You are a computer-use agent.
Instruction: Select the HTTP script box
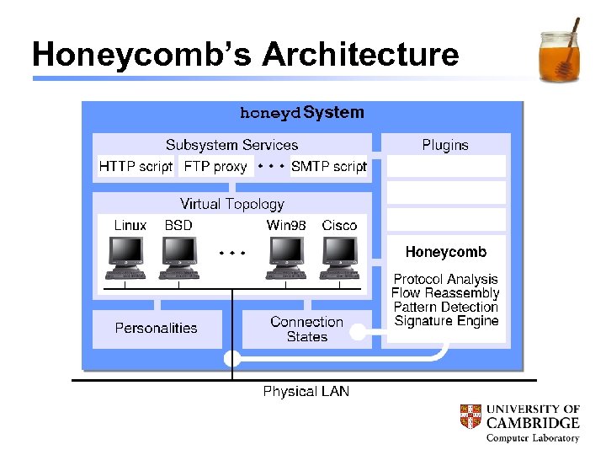[x=136, y=167]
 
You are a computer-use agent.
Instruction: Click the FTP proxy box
[x=215, y=167]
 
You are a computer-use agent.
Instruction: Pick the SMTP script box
[x=329, y=167]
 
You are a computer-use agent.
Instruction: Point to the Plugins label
[x=445, y=145]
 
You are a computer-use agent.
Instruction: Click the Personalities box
[x=157, y=329]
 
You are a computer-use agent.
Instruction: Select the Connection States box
[x=306, y=329]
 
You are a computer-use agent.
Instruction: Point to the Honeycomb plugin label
[x=445, y=252]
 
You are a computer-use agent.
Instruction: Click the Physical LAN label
[x=306, y=392]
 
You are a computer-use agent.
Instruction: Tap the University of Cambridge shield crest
[x=470, y=415]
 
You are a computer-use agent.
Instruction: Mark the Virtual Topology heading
[x=232, y=204]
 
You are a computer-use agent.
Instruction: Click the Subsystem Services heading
[x=231, y=145]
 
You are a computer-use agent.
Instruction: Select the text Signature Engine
[x=446, y=321]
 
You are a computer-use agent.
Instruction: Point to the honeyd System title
[x=302, y=113]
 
